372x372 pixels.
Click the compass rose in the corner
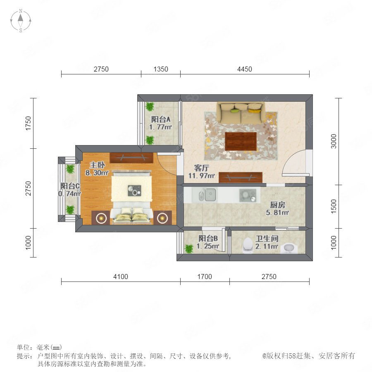click(x=21, y=21)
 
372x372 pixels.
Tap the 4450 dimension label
click(x=244, y=69)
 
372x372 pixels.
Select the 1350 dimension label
click(x=161, y=69)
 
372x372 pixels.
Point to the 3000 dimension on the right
click(x=334, y=141)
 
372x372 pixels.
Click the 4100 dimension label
click(x=121, y=277)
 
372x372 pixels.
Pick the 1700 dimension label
click(x=205, y=277)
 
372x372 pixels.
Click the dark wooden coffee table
click(x=241, y=141)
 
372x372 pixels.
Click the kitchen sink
click(x=207, y=195)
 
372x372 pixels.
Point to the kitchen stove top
click(x=248, y=195)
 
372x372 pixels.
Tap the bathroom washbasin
click(x=289, y=248)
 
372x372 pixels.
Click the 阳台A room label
click(x=161, y=119)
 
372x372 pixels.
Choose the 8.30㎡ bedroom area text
click(x=97, y=173)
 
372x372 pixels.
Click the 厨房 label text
click(x=278, y=205)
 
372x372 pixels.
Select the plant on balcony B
click(x=189, y=249)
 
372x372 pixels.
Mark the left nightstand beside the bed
click(x=100, y=217)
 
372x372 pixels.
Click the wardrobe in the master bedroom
click(x=131, y=158)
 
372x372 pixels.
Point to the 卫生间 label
click(x=267, y=238)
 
